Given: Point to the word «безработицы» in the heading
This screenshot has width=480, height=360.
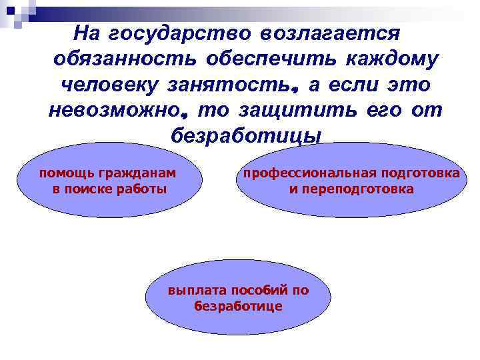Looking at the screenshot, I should [x=246, y=136].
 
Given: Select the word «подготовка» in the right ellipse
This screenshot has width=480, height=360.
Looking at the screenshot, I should [x=426, y=173].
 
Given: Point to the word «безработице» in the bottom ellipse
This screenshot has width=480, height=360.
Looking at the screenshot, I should [x=239, y=306].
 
